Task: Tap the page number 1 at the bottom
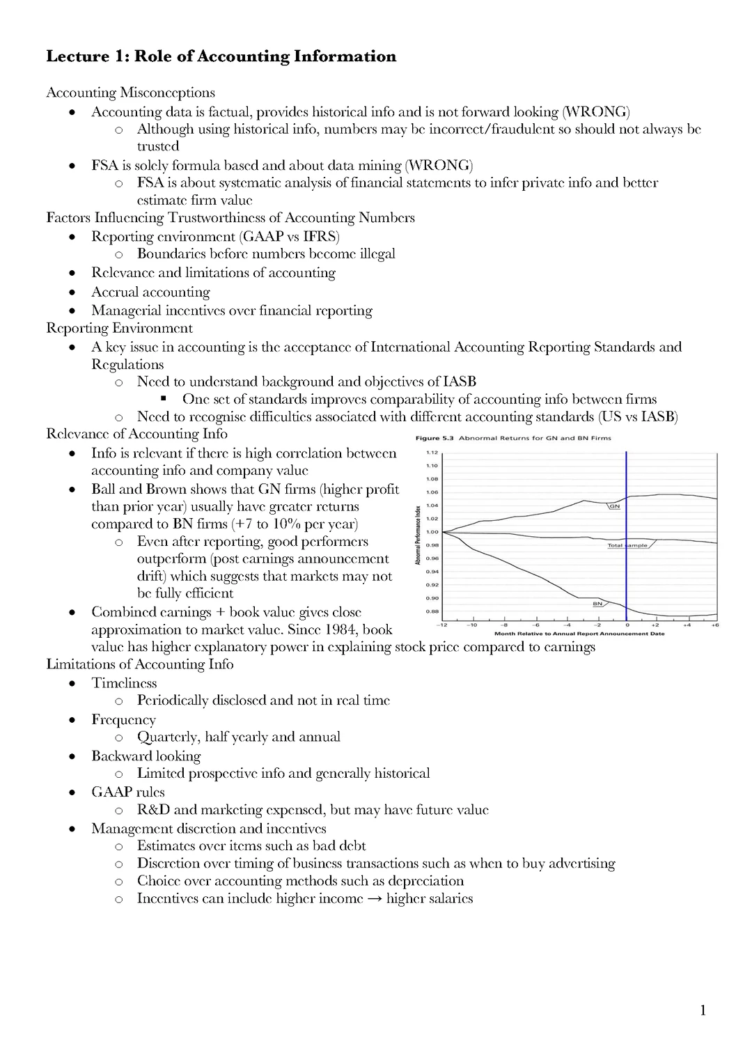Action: point(703,1010)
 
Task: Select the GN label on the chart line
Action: point(614,506)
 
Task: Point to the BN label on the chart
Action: point(597,604)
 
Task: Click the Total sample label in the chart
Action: point(627,545)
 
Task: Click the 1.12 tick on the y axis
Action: point(432,453)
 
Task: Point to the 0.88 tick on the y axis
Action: point(432,611)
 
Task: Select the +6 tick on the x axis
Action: point(715,625)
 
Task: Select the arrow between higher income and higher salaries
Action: point(374,898)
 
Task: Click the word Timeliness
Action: point(124,683)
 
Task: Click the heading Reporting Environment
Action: point(119,328)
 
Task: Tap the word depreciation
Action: point(425,880)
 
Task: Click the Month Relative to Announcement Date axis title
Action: point(579,634)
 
